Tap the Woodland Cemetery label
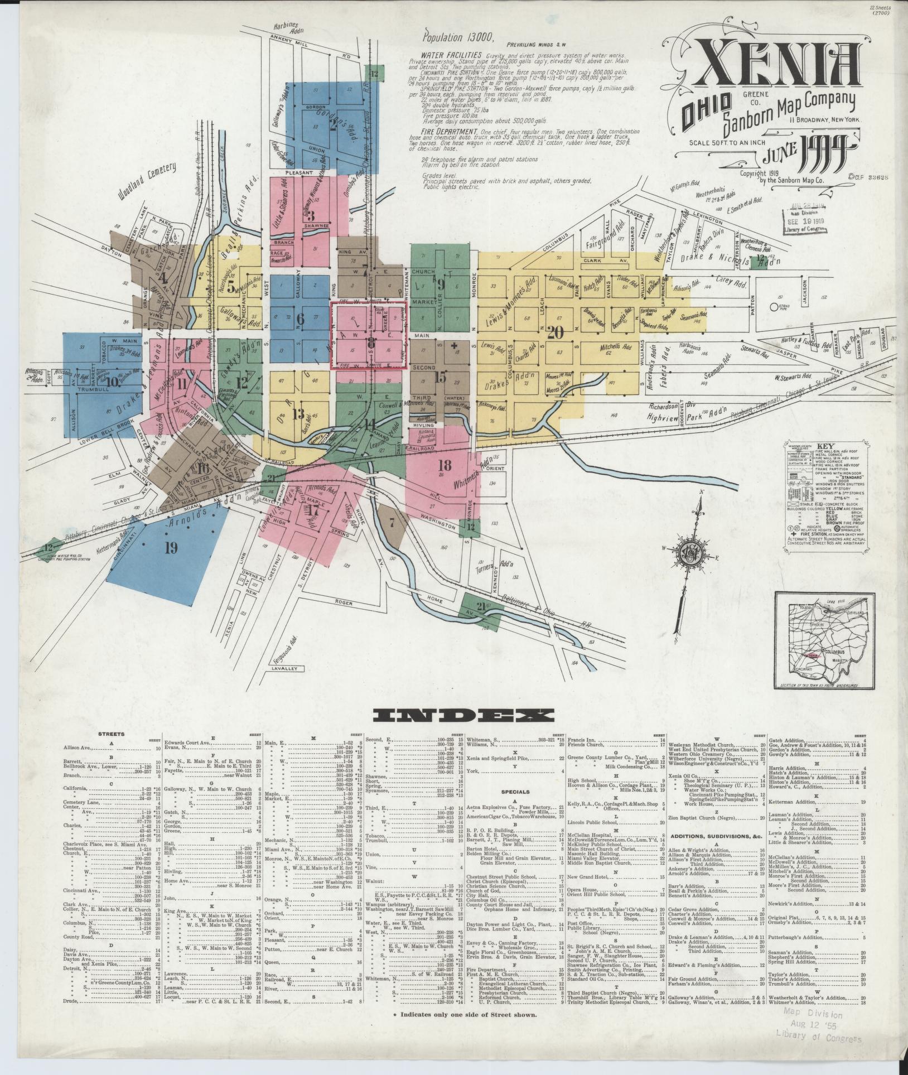coord(146,181)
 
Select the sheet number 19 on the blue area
coord(171,548)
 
